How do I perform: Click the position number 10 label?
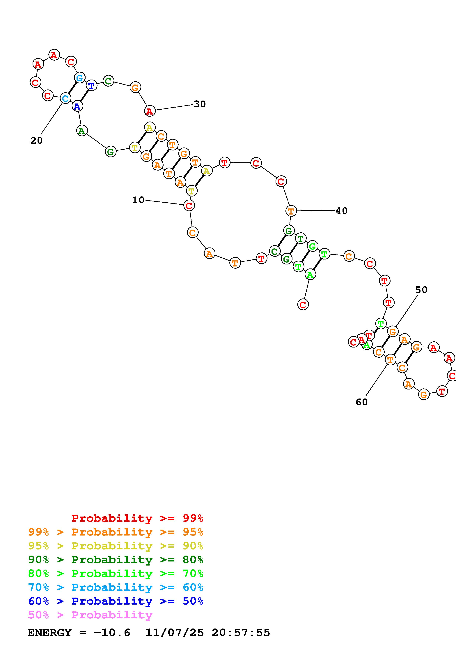click(138, 200)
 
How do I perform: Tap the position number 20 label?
click(37, 140)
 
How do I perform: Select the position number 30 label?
click(200, 104)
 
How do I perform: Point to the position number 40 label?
click(341, 211)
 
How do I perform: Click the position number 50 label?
click(421, 290)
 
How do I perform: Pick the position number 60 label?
click(362, 402)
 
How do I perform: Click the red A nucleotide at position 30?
click(150, 111)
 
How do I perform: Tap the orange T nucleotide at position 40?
click(291, 211)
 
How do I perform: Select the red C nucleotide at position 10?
click(189, 206)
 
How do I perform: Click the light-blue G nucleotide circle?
click(80, 78)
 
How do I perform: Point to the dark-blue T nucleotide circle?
click(91, 85)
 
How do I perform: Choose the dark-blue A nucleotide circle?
click(77, 106)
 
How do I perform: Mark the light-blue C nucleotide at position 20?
click(65, 98)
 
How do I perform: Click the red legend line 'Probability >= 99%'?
click(137, 518)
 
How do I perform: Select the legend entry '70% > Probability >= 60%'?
click(116, 587)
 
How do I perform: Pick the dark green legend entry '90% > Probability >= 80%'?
click(116, 560)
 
